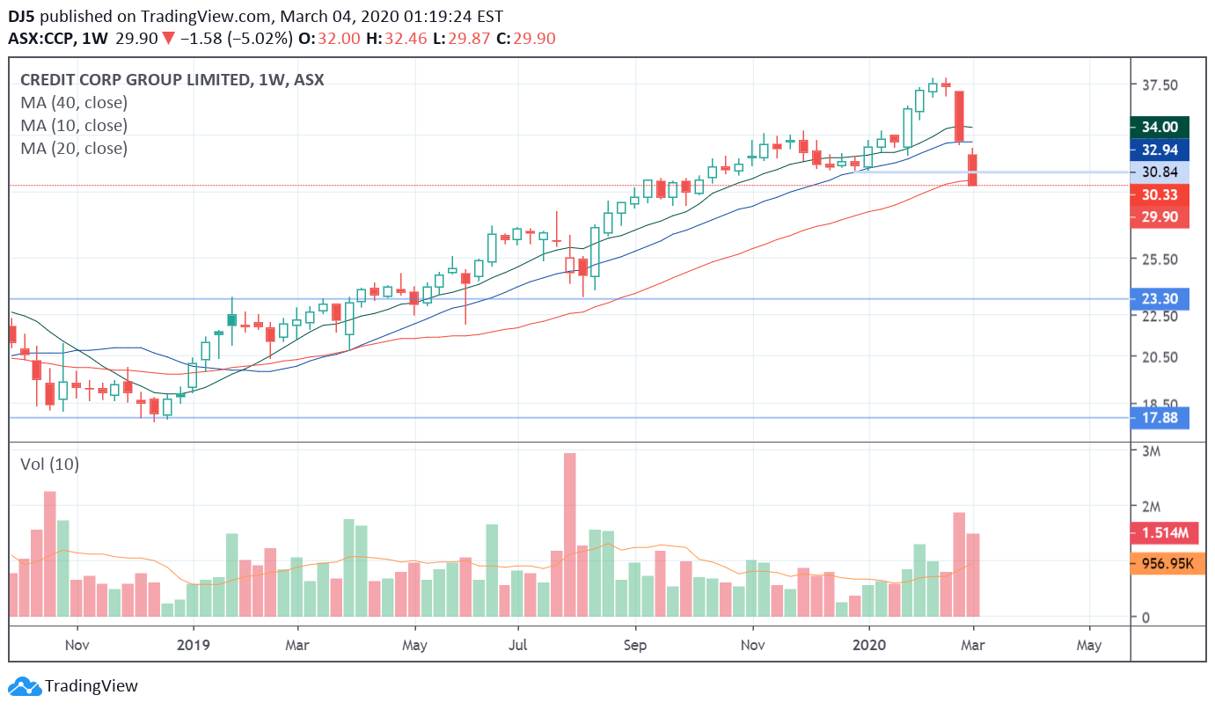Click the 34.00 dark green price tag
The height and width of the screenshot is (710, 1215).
pos(1159,127)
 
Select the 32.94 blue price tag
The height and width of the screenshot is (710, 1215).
pos(1159,150)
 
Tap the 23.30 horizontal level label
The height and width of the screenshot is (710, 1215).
pos(1159,299)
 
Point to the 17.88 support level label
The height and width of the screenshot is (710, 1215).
pos(1159,418)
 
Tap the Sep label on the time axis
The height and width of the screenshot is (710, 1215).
pos(634,645)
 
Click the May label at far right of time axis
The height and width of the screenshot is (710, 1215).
pos(1088,645)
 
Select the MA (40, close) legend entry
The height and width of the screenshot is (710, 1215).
pos(74,103)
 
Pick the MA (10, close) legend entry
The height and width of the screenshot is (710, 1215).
pos(74,126)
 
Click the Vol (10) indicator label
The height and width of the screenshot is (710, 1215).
pos(49,465)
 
